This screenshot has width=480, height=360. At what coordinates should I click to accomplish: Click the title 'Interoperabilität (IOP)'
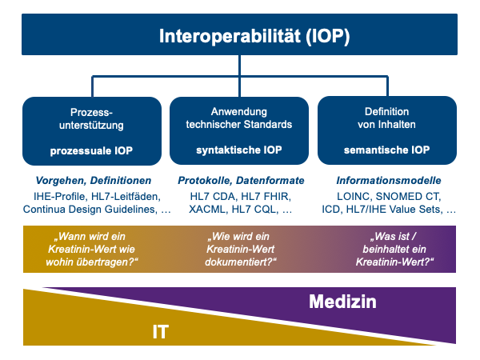pos(254,37)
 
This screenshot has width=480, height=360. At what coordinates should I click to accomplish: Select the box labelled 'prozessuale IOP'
pos(92,131)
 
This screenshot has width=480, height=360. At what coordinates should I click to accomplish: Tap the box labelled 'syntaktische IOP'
pos(239,130)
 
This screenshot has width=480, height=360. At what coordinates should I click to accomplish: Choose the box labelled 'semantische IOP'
pos(387,130)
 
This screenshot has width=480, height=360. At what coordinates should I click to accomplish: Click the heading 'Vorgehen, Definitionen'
pos(94,181)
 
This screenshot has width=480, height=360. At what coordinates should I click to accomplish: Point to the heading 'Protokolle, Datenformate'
pos(241,181)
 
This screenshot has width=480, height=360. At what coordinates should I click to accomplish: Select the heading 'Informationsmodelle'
pos(389,181)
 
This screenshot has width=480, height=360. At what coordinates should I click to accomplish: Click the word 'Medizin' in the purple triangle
pos(342,302)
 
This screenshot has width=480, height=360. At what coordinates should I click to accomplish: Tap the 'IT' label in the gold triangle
pos(161,332)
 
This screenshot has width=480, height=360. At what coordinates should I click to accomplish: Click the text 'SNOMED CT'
pos(407,197)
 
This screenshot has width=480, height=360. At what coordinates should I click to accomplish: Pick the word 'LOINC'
pos(354,197)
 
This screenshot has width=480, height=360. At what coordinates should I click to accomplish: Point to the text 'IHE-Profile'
pos(59,197)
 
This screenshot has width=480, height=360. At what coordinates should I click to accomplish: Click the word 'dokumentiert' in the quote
pos(238,262)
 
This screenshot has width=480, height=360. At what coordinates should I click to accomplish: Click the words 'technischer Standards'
pos(239,125)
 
